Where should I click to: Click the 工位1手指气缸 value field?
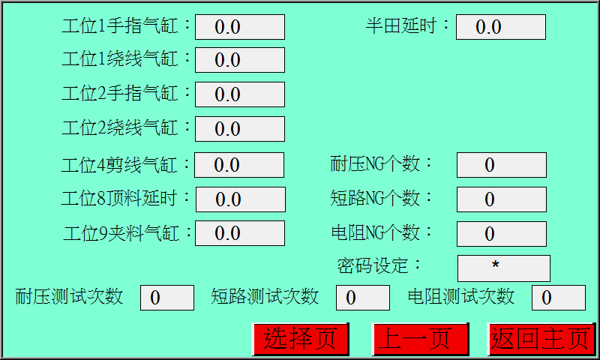click(240, 27)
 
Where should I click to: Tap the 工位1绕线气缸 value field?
click(240, 60)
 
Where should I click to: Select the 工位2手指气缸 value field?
click(240, 94)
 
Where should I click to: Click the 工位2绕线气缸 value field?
click(240, 129)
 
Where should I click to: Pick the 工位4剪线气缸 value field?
click(240, 165)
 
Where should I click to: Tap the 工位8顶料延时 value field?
click(240, 199)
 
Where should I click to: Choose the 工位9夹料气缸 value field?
click(240, 233)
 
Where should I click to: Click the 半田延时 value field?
click(500, 27)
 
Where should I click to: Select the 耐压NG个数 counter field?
click(501, 165)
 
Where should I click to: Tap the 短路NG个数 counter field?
click(501, 199)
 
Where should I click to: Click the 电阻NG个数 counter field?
click(501, 234)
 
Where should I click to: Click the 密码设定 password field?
click(503, 268)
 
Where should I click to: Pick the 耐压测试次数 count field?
click(167, 298)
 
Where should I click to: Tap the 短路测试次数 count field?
click(362, 298)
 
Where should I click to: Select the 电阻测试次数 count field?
click(558, 298)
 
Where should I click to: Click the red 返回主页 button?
click(541, 339)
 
